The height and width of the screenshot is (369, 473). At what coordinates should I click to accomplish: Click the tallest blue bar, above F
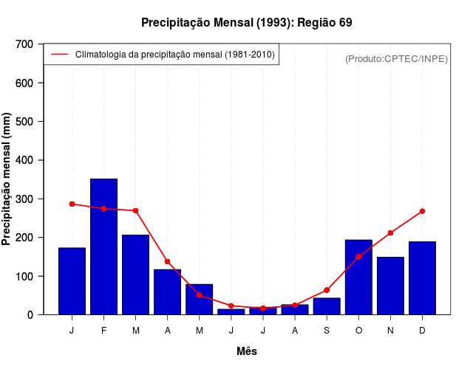tap(103, 246)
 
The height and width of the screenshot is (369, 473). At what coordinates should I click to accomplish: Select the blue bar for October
tap(358, 277)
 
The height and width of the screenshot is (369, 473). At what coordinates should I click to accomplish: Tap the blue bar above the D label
tap(422, 277)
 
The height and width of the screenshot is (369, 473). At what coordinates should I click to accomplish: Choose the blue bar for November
tap(390, 286)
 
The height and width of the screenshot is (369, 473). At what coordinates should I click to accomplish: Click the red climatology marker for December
tap(422, 211)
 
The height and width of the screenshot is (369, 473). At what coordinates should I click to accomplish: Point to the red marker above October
tap(358, 257)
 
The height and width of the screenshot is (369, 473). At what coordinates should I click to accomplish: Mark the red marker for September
tap(327, 290)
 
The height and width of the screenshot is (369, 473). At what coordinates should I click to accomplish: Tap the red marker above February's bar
tap(103, 209)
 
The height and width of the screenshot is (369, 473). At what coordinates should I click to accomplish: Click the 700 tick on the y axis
tap(24, 44)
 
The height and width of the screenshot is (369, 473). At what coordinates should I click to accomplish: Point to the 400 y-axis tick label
tap(24, 160)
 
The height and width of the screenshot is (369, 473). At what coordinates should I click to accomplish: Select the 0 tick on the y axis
tap(30, 314)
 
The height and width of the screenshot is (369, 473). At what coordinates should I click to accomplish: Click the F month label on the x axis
tap(103, 331)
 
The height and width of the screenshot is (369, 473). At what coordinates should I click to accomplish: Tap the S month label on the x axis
tap(327, 331)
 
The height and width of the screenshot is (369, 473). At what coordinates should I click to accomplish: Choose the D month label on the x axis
tap(422, 331)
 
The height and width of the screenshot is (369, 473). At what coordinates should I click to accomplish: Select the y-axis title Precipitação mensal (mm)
tap(7, 179)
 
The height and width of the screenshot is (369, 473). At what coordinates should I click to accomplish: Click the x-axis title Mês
tap(247, 351)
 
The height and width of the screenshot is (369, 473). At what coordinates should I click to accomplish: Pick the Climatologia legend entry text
tap(174, 55)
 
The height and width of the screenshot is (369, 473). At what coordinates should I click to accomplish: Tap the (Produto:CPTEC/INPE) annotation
tap(396, 58)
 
